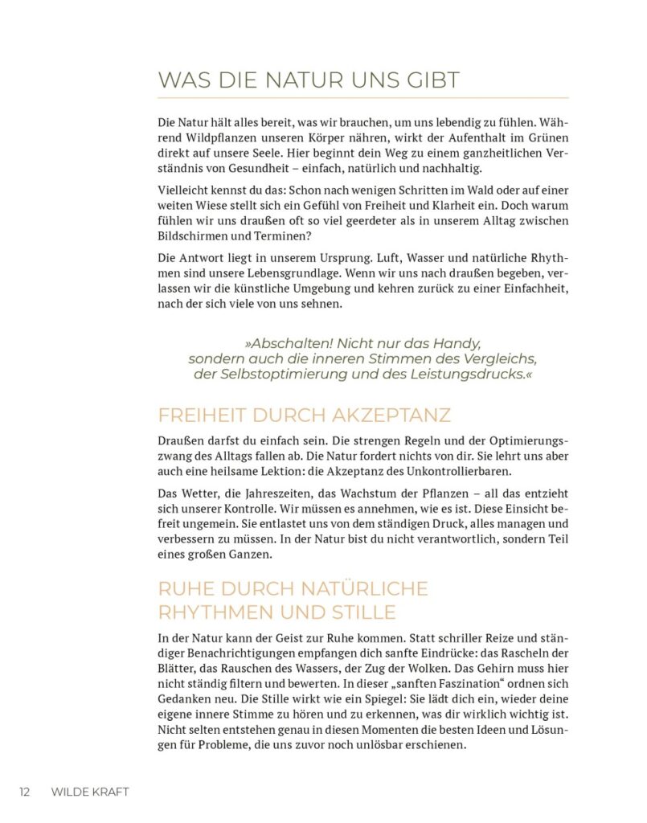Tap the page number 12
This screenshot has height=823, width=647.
[25, 792]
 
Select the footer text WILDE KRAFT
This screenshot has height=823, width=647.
[90, 792]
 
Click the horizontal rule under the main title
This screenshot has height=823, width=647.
[363, 97]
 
